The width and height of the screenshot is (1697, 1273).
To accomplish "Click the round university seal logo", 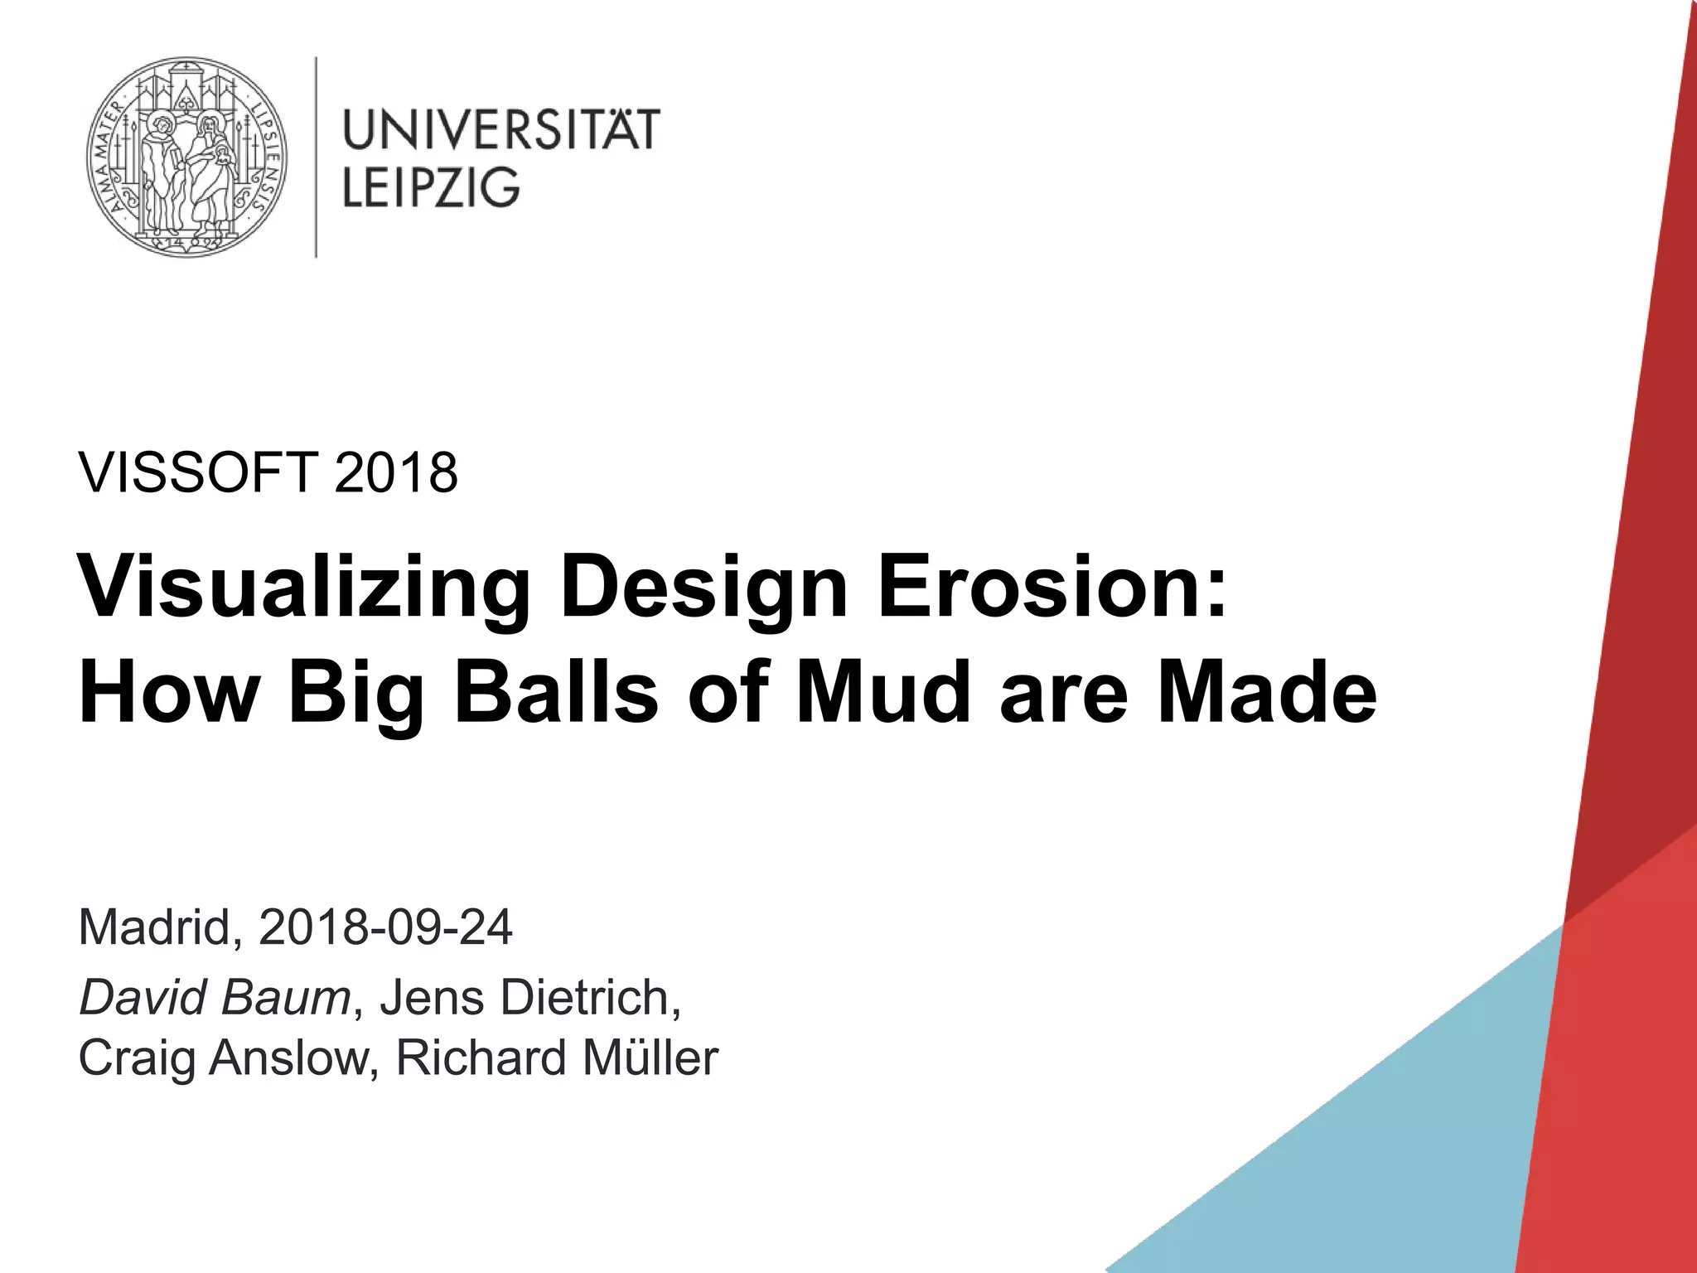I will click(187, 157).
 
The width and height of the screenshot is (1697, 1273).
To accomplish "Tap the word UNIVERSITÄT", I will click(500, 129).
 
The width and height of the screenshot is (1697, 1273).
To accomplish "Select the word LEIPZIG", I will click(431, 187).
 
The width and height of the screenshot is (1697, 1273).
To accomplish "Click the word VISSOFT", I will click(198, 473).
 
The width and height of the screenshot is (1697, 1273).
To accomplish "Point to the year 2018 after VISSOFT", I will click(396, 473).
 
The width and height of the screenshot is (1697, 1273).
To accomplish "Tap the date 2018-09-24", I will click(385, 927).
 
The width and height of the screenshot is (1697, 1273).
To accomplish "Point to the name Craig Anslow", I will click(222, 1058).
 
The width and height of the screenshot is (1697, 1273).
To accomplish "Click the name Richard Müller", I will click(557, 1058).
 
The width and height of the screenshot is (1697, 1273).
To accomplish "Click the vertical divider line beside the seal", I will click(316, 157).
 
